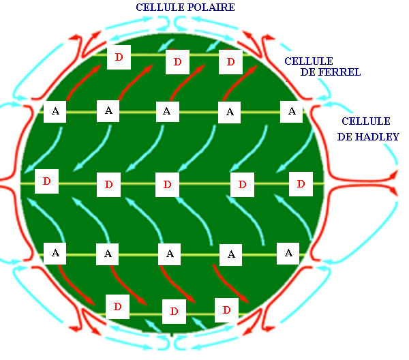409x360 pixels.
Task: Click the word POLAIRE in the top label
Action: (209, 7)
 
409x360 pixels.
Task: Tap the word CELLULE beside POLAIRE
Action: (159, 7)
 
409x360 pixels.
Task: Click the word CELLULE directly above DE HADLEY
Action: (366, 121)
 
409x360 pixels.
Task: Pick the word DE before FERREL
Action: (308, 72)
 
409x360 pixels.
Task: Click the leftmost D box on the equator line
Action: (46, 181)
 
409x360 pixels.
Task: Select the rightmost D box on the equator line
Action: (301, 184)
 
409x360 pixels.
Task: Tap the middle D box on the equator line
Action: (167, 185)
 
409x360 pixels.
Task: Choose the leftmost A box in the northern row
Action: (55, 112)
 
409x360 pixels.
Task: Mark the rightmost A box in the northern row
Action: (291, 112)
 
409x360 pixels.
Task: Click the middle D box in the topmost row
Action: (177, 62)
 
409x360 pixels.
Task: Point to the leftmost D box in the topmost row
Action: (119, 57)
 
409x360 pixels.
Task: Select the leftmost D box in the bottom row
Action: (117, 307)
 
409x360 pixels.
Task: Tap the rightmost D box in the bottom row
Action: (226, 310)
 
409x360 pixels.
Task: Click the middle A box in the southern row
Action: (169, 254)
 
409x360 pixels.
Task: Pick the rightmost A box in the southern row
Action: (288, 254)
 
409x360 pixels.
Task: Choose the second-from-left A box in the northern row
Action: (108, 111)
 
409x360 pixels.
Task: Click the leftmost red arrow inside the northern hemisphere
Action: (84, 82)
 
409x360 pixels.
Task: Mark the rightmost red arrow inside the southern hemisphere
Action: (231, 284)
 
